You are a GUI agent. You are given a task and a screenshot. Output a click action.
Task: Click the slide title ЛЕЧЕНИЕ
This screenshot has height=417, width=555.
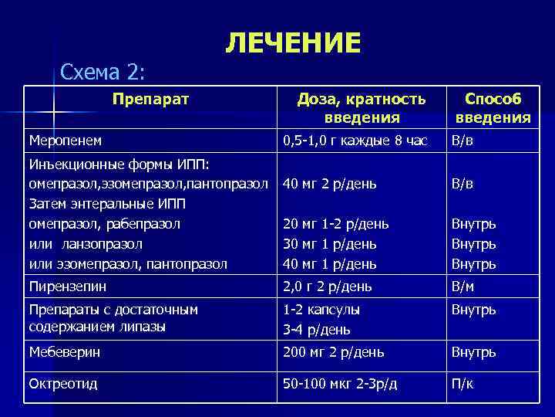point(293,43)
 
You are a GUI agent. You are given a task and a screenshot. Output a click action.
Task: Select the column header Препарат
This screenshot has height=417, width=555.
point(151,98)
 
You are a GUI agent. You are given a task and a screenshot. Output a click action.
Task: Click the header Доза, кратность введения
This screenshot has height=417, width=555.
point(362,107)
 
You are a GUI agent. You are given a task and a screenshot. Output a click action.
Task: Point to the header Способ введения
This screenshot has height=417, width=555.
point(493,107)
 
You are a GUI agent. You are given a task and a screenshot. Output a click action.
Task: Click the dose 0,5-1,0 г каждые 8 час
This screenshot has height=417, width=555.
point(355,141)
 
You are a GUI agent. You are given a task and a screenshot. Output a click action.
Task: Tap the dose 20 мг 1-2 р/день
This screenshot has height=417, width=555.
point(336,224)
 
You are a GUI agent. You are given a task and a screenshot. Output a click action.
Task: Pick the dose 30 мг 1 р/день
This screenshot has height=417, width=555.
point(330,244)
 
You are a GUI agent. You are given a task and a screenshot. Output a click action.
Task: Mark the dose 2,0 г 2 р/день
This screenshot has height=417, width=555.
point(328,286)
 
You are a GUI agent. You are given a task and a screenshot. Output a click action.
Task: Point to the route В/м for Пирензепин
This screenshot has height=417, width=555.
point(464,286)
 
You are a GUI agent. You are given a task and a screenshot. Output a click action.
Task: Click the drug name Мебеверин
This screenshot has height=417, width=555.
point(64,352)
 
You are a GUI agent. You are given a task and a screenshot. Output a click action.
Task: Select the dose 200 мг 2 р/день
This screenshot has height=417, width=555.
point(334,352)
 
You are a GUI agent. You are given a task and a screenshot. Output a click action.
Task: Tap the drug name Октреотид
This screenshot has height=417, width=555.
point(62,384)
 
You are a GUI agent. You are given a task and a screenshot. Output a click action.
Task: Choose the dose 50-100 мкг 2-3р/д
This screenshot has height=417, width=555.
point(340,384)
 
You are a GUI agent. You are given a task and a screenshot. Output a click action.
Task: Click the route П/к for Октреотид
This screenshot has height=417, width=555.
point(463,384)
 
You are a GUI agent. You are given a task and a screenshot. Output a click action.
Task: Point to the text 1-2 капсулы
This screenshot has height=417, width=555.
point(321,309)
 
